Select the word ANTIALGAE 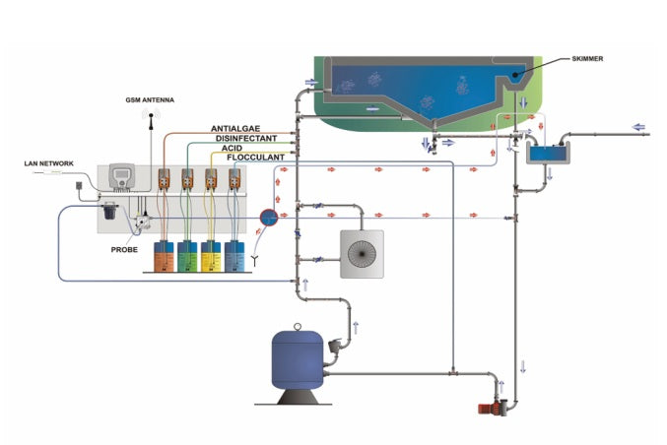tap(236, 129)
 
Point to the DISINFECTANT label tap(244, 139)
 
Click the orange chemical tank tap(165, 257)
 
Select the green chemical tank tap(188, 257)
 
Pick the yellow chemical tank tap(212, 257)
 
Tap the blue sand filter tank tap(298, 360)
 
